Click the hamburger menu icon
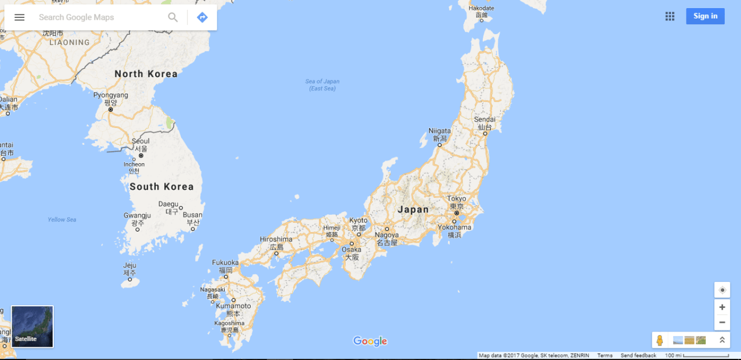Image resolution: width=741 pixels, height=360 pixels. tap(20, 17)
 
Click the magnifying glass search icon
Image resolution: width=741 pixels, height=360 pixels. tap(173, 17)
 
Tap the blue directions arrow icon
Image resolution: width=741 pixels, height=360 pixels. tap(202, 17)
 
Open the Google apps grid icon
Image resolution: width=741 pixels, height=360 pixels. tap(670, 16)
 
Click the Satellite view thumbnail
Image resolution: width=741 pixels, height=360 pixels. tap(32, 326)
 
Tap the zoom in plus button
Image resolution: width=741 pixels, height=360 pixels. tap(722, 307)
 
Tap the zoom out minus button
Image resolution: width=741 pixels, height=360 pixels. tap(722, 322)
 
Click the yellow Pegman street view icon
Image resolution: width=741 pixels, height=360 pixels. tap(659, 340)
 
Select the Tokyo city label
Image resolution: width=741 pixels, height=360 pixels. tap(456, 199)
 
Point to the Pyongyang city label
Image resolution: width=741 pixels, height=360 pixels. tap(111, 95)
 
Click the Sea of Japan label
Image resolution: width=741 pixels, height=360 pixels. tap(322, 85)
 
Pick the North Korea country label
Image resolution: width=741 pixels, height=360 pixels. tap(146, 74)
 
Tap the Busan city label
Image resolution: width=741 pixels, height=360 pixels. tap(193, 215)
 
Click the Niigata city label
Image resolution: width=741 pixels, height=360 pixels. tap(439, 131)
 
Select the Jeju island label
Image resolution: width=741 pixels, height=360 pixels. tap(130, 266)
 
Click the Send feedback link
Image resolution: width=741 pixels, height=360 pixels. tap(638, 355)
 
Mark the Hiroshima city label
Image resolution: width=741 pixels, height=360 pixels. tap(276, 240)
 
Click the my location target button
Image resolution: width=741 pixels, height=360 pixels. tap(722, 290)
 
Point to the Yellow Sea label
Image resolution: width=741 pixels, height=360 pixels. tap(62, 220)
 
